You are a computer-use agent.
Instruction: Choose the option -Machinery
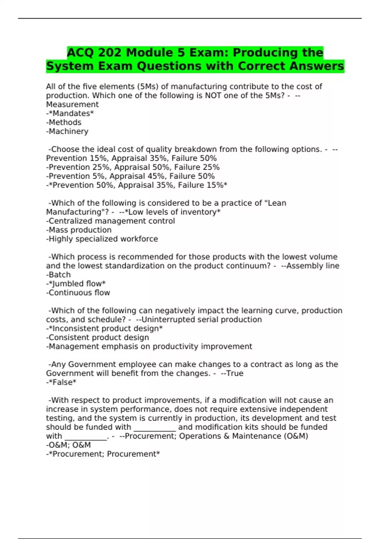tap(67, 131)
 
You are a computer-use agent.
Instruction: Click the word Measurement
tap(72, 104)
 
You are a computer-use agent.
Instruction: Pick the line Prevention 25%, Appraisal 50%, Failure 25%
tap(133, 167)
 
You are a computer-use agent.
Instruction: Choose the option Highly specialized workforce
tap(102, 239)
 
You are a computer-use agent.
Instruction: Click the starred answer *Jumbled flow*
tap(76, 283)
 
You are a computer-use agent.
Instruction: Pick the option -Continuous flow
tap(78, 293)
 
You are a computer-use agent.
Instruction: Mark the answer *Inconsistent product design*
tap(104, 328)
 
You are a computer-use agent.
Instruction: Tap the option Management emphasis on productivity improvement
tap(149, 346)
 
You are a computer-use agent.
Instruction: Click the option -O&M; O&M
tap(68, 445)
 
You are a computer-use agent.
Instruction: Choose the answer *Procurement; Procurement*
tap(103, 454)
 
